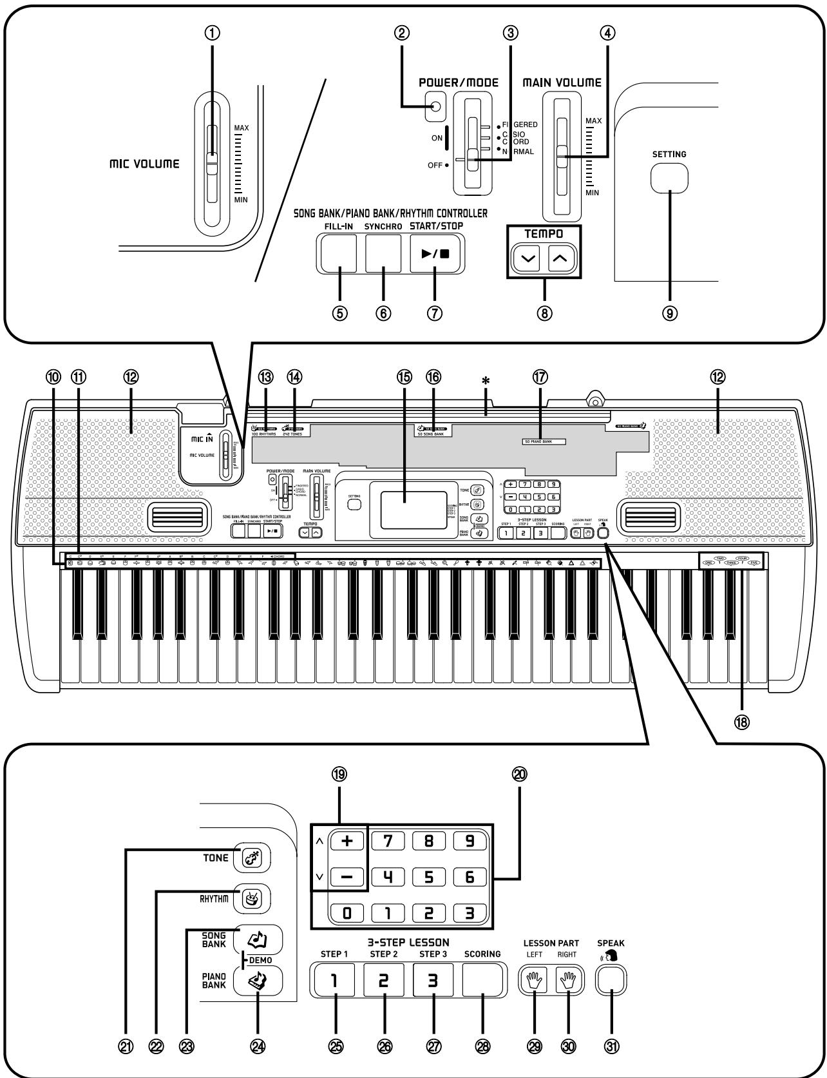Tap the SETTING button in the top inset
(669, 177)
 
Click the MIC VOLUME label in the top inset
(144, 164)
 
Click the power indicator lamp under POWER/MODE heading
(435, 106)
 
